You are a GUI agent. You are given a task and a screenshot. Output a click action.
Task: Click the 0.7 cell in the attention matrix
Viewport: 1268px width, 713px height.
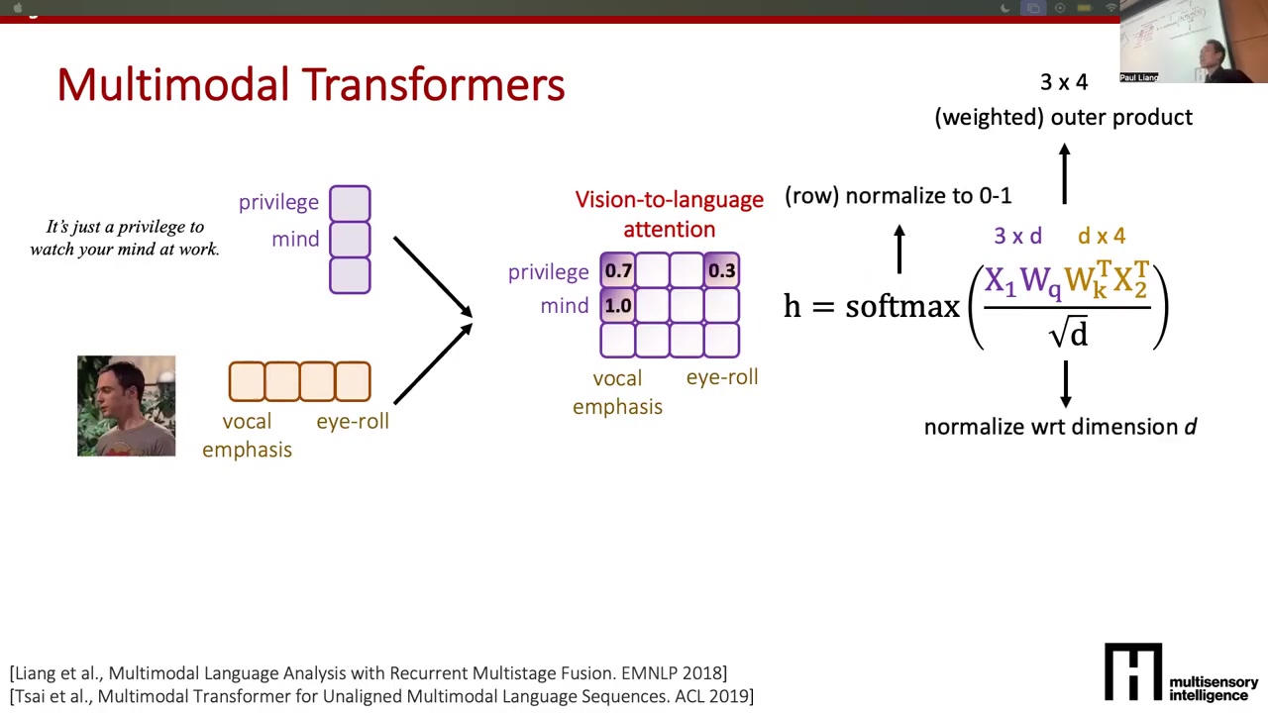coord(617,270)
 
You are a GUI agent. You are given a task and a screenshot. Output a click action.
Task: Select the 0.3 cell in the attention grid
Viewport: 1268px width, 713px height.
coord(722,270)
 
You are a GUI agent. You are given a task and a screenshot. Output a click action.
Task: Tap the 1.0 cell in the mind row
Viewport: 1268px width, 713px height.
coord(617,306)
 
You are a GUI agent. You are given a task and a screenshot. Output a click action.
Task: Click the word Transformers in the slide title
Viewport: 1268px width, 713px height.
coord(433,85)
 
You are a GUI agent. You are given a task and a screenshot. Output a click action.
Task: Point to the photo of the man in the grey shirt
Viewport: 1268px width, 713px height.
coord(126,406)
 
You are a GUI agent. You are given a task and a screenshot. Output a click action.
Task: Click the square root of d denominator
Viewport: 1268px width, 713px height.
coord(1068,332)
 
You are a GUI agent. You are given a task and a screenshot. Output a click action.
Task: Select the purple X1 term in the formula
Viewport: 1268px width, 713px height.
coord(1001,281)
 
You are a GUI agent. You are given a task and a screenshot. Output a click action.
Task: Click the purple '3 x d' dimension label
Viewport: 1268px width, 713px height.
coord(1017,236)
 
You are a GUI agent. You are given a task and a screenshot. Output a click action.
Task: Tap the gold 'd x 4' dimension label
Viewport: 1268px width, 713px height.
coord(1102,236)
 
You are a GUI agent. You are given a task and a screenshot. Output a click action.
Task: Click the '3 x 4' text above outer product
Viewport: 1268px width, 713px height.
coord(1064,82)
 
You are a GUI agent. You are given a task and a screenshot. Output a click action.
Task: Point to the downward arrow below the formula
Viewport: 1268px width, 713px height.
coord(1066,384)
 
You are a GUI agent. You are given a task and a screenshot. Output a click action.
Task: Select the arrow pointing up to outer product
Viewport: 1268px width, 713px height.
coord(1065,173)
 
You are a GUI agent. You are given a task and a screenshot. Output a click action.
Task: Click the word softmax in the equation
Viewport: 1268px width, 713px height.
coord(902,306)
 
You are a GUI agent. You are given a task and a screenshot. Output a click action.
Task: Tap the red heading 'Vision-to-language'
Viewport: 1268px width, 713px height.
coord(669,200)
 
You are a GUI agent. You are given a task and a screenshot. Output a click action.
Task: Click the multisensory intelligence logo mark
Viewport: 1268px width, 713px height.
coord(1133,671)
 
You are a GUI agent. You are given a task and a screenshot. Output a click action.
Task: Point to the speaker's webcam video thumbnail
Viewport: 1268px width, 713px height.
coord(1194,42)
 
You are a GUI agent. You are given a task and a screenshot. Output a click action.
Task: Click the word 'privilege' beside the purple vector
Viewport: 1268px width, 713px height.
coord(278,203)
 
